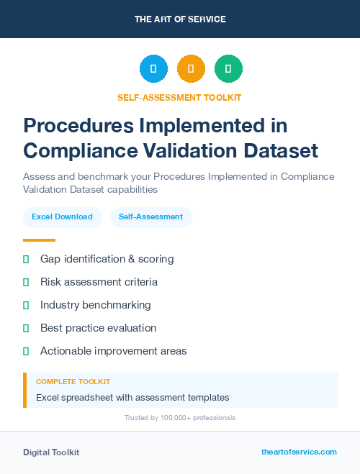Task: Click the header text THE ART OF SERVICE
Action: pyautogui.click(x=180, y=19)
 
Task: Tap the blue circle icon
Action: pyautogui.click(x=153, y=69)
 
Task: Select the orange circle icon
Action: pyautogui.click(x=191, y=69)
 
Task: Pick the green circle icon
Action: pyautogui.click(x=228, y=69)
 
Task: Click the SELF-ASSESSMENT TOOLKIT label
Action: pyautogui.click(x=179, y=97)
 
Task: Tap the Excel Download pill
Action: pyautogui.click(x=62, y=217)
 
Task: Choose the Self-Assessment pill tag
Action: pyautogui.click(x=150, y=217)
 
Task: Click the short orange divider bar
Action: pyautogui.click(x=39, y=240)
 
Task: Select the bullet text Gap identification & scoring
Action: pyautogui.click(x=107, y=259)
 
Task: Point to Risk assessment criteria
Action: pyautogui.click(x=99, y=282)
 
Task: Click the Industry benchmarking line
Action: pyautogui.click(x=96, y=305)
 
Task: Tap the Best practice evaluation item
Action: pyautogui.click(x=98, y=328)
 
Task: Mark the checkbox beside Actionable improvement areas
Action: pyautogui.click(x=26, y=351)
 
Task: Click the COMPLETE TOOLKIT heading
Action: pyautogui.click(x=73, y=382)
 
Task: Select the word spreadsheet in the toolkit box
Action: pyautogui.click(x=89, y=397)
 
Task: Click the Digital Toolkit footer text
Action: pyautogui.click(x=51, y=452)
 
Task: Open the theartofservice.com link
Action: pyautogui.click(x=299, y=452)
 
